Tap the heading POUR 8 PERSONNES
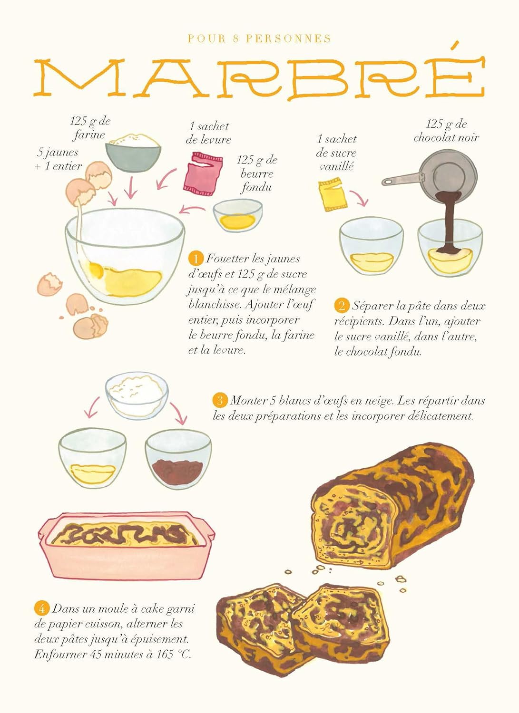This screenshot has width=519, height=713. pyautogui.click(x=259, y=39)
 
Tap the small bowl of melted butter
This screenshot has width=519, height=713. pyautogui.click(x=237, y=215)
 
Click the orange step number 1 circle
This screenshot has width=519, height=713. pyautogui.click(x=195, y=259)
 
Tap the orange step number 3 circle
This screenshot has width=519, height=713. pyautogui.click(x=219, y=400)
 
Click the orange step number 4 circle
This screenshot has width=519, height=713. pyautogui.click(x=41, y=608)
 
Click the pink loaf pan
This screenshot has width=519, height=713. pyautogui.click(x=126, y=547)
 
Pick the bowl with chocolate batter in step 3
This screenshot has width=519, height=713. pyautogui.click(x=178, y=460)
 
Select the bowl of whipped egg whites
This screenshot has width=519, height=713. pyautogui.click(x=137, y=394)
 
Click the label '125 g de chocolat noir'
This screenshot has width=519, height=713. pyautogui.click(x=446, y=131)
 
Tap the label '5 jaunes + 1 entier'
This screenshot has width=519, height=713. pyautogui.click(x=58, y=159)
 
